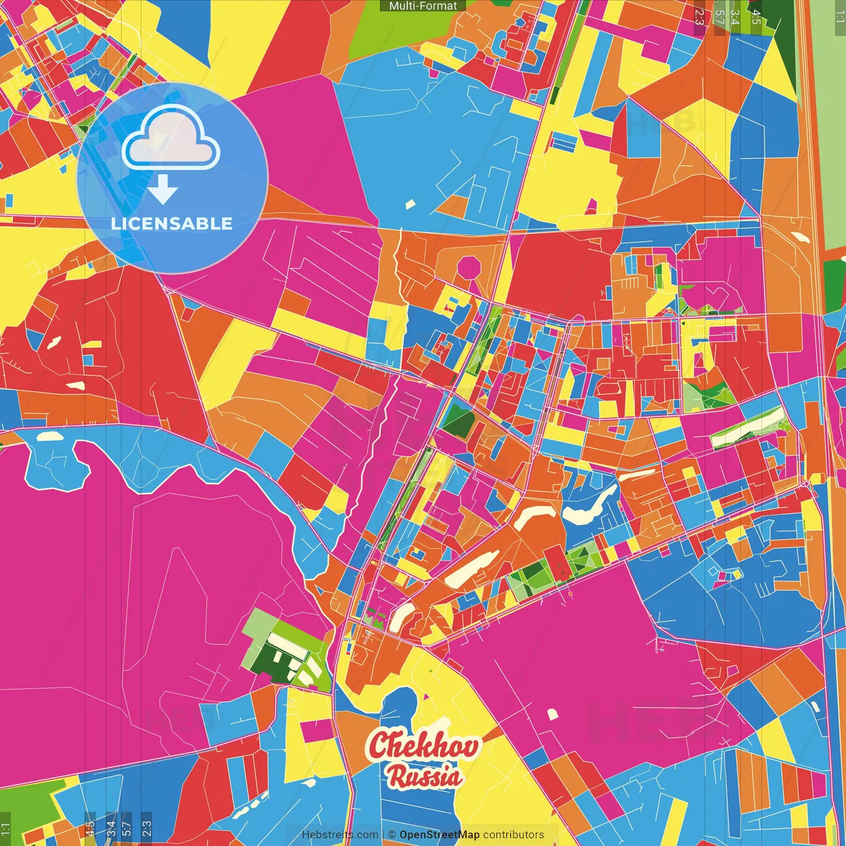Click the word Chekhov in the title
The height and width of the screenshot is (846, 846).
[424, 746]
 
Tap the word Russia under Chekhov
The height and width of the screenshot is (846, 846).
[424, 776]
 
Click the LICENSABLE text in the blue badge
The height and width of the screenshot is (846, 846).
[172, 223]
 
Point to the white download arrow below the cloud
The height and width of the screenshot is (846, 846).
[163, 190]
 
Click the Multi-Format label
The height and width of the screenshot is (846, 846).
[423, 6]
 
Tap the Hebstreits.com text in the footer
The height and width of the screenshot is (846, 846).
[340, 835]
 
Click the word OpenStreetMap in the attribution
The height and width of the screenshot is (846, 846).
[439, 835]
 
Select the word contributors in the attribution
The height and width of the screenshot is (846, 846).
[514, 835]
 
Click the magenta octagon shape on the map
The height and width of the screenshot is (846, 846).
[469, 269]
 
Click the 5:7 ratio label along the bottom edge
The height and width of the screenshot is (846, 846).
[126, 829]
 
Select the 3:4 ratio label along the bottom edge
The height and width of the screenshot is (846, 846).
[110, 829]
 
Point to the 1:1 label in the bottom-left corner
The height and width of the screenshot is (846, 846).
[5, 829]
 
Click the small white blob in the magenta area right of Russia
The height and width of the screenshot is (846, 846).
[553, 713]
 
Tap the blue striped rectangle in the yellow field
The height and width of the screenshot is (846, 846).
[564, 142]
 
